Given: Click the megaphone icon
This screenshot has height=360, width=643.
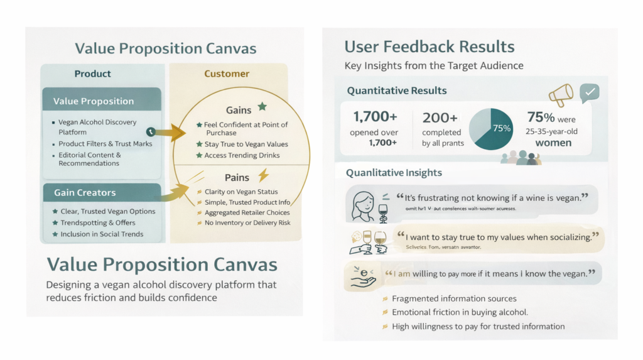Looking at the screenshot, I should pyautogui.click(x=561, y=95).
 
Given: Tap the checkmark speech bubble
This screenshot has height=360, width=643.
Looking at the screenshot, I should pyautogui.click(x=590, y=93).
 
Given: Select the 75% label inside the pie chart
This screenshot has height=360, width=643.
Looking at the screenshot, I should pyautogui.click(x=502, y=128).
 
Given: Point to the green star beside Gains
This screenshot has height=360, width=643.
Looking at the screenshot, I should pyautogui.click(x=262, y=107).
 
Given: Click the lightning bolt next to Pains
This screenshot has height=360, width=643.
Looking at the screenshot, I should pyautogui.click(x=263, y=175).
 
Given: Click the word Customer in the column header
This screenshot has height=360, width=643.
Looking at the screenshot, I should pyautogui.click(x=227, y=74).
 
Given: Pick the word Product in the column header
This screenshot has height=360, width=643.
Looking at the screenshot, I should pyautogui.click(x=93, y=74).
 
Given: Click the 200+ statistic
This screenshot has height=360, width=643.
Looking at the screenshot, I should pyautogui.click(x=440, y=117).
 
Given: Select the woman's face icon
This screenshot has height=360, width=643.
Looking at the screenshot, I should pyautogui.click(x=364, y=204).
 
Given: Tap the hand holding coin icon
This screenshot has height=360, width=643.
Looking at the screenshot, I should pyautogui.click(x=362, y=277).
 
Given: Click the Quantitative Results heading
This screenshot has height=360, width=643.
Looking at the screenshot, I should pyautogui.click(x=397, y=90).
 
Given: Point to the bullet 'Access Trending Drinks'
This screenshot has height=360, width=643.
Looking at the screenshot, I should pyautogui.click(x=242, y=155).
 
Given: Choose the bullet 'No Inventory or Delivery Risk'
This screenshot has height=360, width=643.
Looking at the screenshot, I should pyautogui.click(x=247, y=223).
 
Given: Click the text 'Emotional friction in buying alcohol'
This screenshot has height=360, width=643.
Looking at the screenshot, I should pyautogui.click(x=460, y=312).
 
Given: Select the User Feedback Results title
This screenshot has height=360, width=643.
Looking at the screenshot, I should pyautogui.click(x=430, y=46).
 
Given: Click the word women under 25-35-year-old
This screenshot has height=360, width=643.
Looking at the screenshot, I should pyautogui.click(x=553, y=143).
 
